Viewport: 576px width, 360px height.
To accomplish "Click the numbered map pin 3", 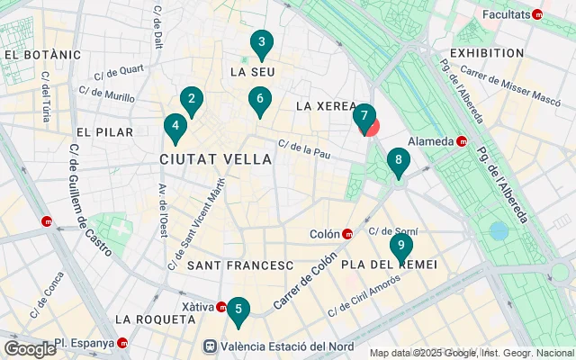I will [261, 42].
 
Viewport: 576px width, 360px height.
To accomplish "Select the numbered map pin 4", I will [175, 127].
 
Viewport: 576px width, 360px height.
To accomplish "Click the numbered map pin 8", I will [398, 162].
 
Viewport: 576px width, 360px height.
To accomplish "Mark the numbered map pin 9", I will [400, 245].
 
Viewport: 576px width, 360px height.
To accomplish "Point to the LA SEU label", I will [251, 71].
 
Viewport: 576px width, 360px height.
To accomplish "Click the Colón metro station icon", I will [347, 234].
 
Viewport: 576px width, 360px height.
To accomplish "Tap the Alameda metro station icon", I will [462, 141].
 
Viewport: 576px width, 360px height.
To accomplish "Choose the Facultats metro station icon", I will [538, 14].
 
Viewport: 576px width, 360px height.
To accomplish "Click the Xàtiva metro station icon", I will [221, 307].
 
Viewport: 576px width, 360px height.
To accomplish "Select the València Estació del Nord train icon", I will [210, 346].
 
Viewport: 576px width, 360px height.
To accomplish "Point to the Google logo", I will [30, 349].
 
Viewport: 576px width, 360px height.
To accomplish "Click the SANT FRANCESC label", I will [240, 265].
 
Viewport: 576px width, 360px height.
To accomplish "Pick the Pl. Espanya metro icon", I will [122, 343].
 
